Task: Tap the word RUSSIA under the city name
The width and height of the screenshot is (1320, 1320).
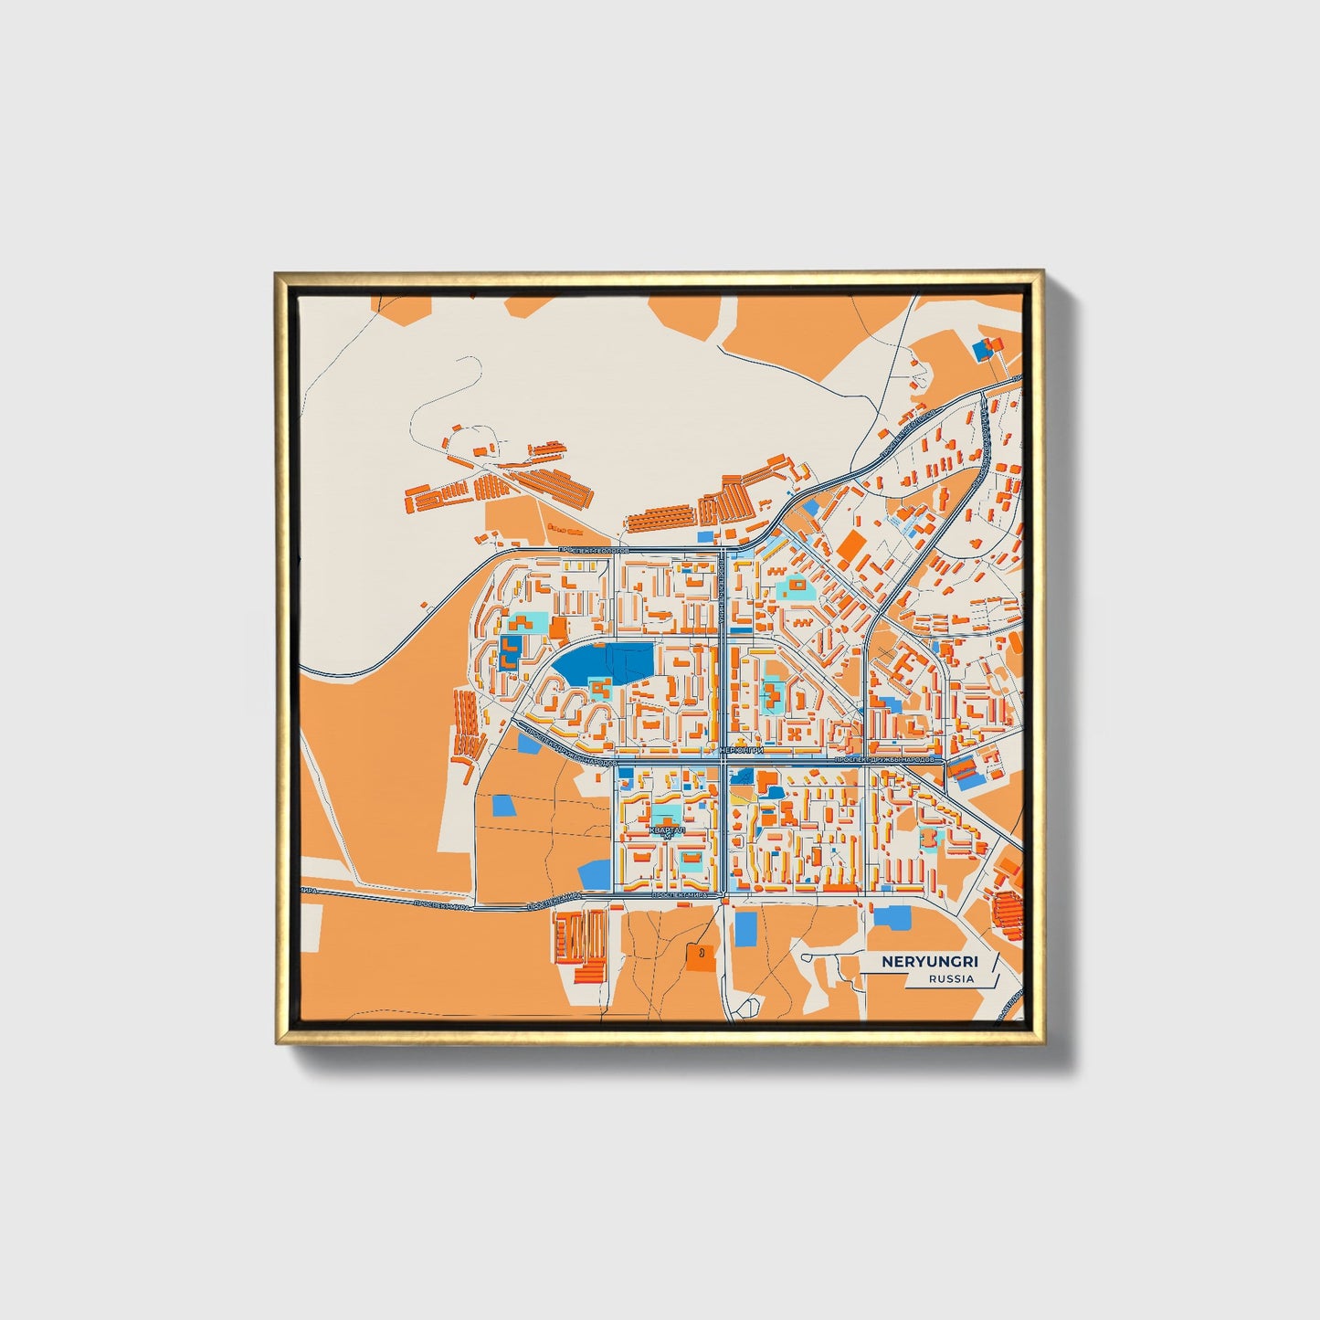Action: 951,978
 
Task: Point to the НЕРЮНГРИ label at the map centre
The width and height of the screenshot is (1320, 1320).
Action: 742,750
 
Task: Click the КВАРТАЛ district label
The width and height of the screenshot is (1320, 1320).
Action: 665,830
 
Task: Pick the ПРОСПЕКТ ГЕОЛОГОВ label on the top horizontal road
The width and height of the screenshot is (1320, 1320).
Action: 594,551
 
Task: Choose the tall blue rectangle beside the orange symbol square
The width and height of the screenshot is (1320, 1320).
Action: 746,929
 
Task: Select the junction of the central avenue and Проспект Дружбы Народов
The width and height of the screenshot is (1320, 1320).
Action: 723,760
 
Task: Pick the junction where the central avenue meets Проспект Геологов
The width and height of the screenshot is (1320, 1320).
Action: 723,551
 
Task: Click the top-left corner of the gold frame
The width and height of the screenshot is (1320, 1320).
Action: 276,272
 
